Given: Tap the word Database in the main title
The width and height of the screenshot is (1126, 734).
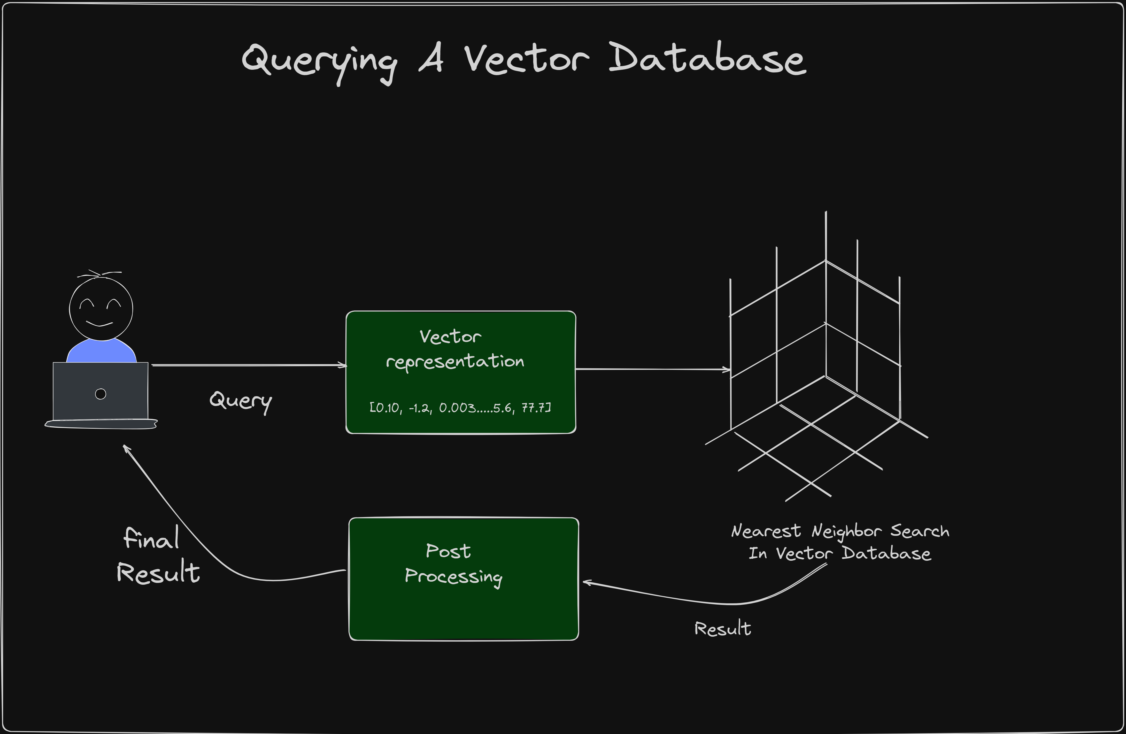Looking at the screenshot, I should pyautogui.click(x=707, y=59).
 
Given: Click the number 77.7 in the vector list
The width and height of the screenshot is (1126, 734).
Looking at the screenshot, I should pyautogui.click(x=536, y=408).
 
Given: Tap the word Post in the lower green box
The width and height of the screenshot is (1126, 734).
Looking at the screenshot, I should pyautogui.click(x=448, y=551).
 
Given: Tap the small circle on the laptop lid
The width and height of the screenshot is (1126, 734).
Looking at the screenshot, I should pyautogui.click(x=100, y=394).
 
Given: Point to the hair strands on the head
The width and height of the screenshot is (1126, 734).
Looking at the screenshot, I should pyautogui.click(x=99, y=273).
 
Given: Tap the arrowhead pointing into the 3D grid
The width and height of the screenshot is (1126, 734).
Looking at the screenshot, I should pyautogui.click(x=727, y=369).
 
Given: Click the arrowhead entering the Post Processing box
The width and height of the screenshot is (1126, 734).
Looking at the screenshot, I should pyautogui.click(x=587, y=583).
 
